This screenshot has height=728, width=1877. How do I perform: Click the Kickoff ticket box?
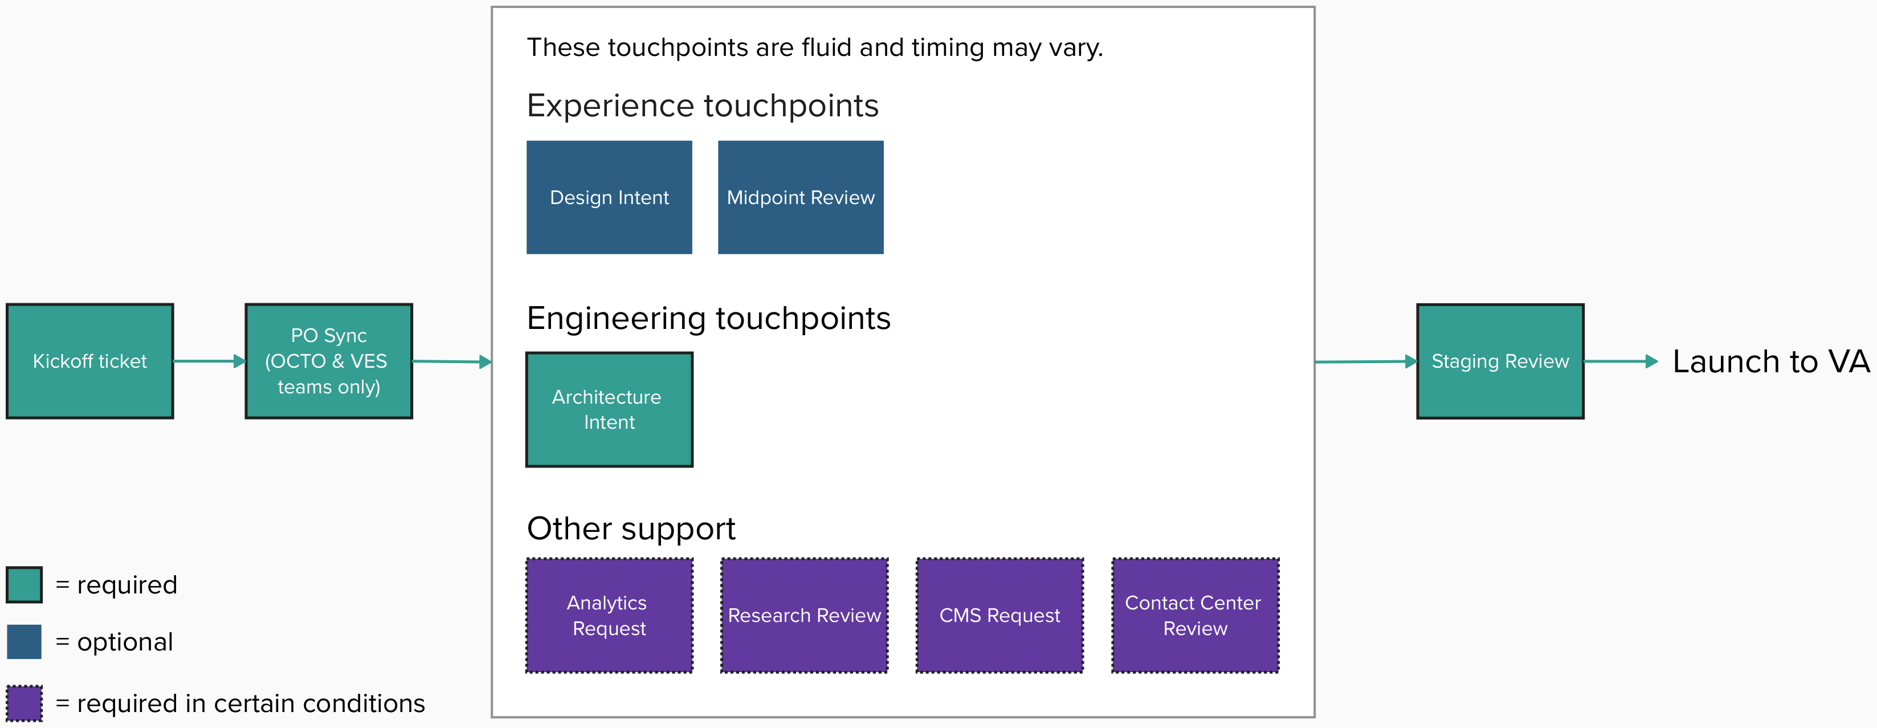[89, 361]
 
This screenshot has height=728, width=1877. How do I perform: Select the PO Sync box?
[329, 361]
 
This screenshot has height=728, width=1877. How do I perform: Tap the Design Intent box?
[609, 197]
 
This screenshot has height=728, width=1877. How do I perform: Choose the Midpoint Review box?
[800, 197]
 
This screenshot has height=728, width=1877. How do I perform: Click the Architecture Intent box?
[609, 409]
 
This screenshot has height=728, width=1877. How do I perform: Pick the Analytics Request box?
[609, 616]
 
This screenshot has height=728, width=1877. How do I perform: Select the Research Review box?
[805, 616]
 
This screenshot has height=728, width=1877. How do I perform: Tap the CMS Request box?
[999, 616]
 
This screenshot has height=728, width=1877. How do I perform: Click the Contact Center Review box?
[1195, 616]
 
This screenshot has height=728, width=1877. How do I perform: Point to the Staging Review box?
[1500, 361]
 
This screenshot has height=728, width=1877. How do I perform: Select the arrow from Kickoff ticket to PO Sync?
[209, 361]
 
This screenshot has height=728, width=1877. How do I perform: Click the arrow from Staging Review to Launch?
[1621, 361]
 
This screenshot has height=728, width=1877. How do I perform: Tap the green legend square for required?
[24, 585]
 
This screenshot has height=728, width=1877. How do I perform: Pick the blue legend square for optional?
[24, 642]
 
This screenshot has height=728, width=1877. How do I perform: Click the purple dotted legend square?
[24, 703]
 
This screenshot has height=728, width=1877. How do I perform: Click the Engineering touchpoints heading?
[708, 319]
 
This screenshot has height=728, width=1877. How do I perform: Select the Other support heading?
[631, 529]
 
